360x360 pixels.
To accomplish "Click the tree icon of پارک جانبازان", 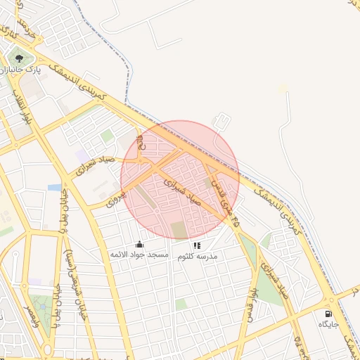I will (x=19, y=58).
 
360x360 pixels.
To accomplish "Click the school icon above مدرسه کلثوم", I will (x=197, y=245).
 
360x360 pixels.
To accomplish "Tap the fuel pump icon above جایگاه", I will (x=328, y=314).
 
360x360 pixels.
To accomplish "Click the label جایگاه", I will (x=328, y=323).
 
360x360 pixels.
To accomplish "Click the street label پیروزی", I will (x=115, y=199).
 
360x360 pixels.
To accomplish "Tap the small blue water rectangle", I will (x=54, y=188).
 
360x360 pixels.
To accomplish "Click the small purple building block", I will (x=82, y=155).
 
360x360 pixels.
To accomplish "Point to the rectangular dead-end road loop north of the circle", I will (x=221, y=121).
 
